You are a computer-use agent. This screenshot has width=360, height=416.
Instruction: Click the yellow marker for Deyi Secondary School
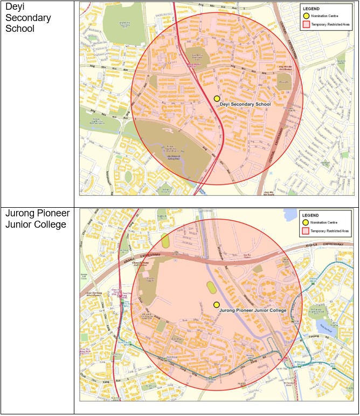pos(217,99)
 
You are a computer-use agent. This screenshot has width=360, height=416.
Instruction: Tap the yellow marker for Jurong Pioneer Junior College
pos(216,305)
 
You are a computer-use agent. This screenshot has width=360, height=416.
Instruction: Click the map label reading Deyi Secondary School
pos(246,104)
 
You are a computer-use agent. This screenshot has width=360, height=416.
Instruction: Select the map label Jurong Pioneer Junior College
pos(253,311)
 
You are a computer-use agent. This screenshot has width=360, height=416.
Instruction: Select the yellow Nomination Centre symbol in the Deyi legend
pos(306,16)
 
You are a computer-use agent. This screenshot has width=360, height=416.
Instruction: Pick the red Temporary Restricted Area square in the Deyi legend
pos(306,25)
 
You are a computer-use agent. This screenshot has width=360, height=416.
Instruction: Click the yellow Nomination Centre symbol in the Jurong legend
pos(306,222)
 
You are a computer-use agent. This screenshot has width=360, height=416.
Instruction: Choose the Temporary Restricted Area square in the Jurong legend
pos(306,231)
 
